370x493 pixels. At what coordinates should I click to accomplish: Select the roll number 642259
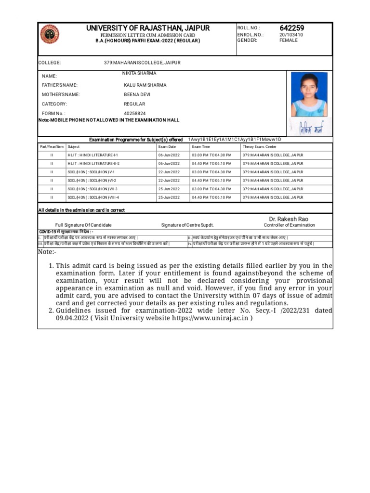click(292, 28)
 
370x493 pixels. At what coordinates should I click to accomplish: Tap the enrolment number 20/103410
click(291, 35)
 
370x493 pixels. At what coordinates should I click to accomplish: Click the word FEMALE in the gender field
click(289, 40)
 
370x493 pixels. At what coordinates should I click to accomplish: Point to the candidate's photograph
click(309, 95)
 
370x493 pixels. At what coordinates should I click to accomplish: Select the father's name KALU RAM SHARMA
click(145, 85)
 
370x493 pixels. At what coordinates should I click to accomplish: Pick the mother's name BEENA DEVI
click(137, 95)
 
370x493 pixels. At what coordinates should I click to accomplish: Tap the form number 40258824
click(134, 114)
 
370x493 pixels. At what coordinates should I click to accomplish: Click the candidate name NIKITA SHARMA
click(139, 73)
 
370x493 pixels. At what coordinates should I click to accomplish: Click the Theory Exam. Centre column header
click(259, 147)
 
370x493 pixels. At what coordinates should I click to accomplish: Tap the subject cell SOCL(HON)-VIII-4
click(93, 197)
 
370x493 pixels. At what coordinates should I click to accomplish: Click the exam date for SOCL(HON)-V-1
click(169, 172)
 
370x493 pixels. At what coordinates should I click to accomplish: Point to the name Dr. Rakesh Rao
click(289, 219)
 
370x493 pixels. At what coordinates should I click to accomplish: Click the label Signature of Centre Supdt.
click(187, 225)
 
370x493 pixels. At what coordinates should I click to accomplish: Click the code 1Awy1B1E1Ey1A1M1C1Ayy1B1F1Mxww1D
click(235, 140)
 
